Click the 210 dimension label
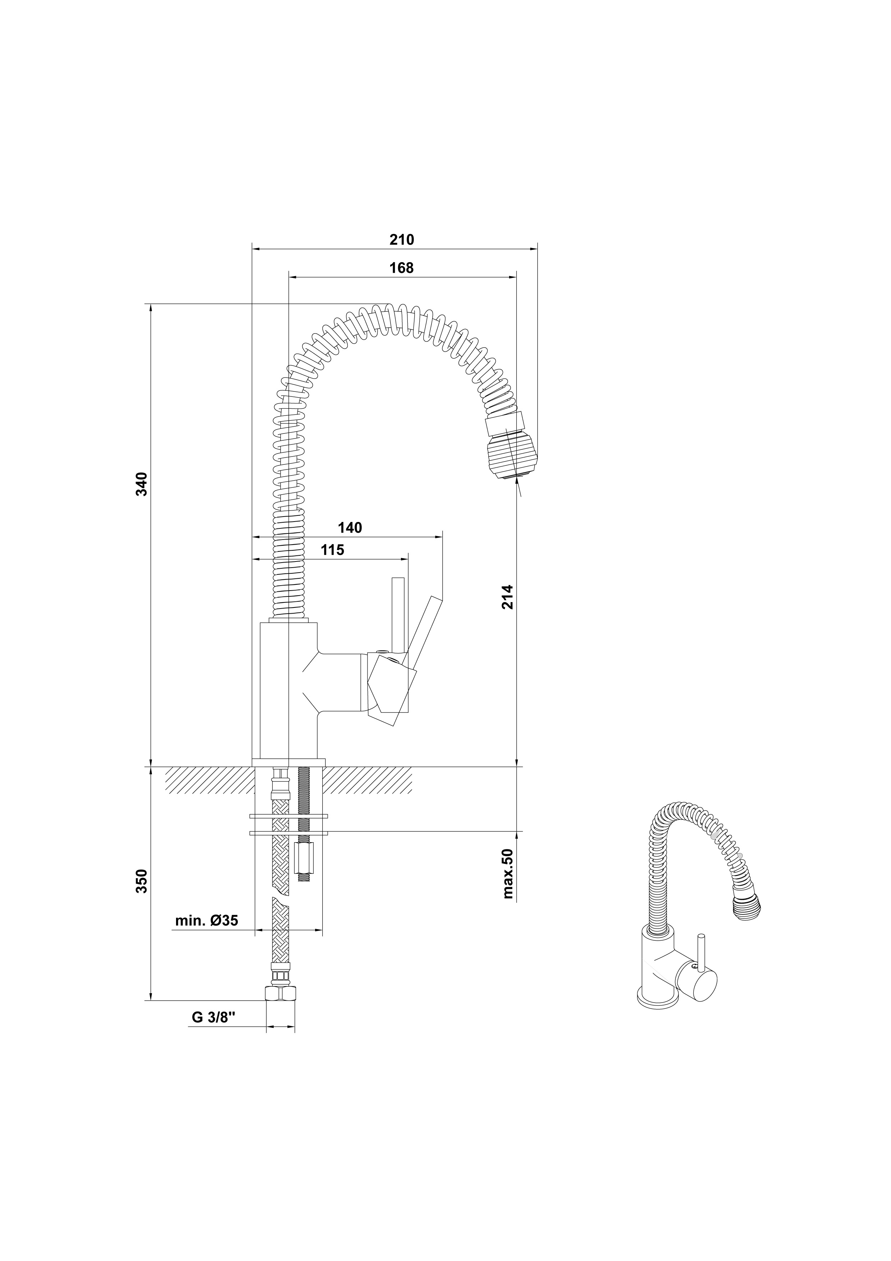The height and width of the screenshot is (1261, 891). [x=402, y=240]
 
